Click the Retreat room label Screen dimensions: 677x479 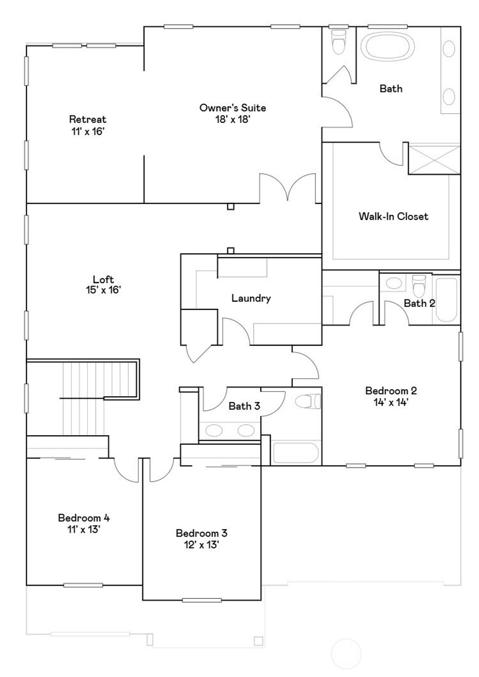(x=87, y=119)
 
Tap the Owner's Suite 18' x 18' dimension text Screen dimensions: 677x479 (x=232, y=119)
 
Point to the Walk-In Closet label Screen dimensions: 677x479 (x=393, y=216)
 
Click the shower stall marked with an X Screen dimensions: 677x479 (x=434, y=160)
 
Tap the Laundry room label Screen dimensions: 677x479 (x=251, y=298)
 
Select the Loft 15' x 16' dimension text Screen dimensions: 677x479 (x=103, y=290)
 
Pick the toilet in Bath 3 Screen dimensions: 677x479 (x=309, y=401)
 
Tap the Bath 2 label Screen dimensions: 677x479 (x=419, y=303)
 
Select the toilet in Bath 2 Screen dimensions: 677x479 (x=419, y=283)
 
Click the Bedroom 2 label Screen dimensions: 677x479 (x=391, y=391)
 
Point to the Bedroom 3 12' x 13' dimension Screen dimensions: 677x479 (x=201, y=545)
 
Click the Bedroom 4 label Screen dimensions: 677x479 (x=84, y=518)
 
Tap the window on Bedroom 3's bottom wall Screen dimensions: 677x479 (x=195, y=600)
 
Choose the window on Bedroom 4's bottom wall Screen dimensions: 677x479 (x=83, y=585)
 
